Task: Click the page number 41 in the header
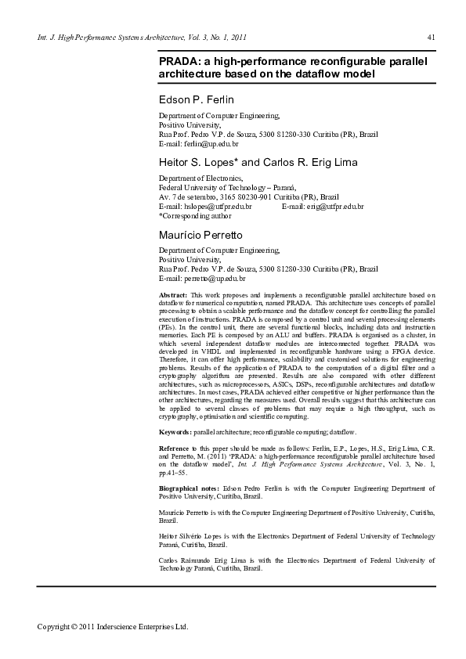click(x=431, y=37)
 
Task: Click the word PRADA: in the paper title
click(x=179, y=60)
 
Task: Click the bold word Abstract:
click(x=172, y=293)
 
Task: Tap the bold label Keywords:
click(x=175, y=431)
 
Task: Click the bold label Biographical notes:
click(x=189, y=488)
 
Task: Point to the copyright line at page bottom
click(x=114, y=626)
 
